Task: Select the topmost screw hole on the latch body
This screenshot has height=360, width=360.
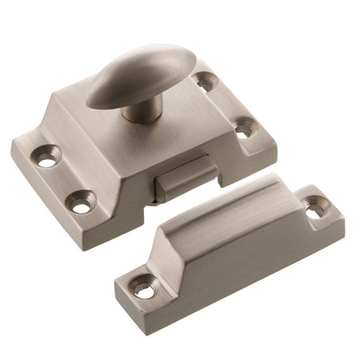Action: [x=206, y=80]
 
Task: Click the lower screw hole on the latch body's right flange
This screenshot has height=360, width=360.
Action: [x=244, y=127]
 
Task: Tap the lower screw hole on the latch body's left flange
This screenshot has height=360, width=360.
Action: [x=81, y=202]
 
